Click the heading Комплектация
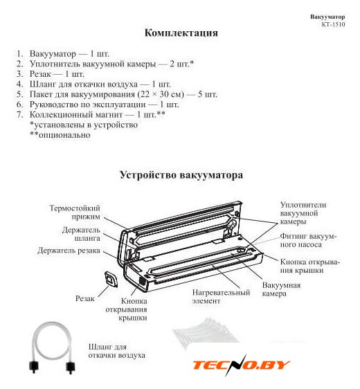pos(181,33)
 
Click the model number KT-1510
pos(333,24)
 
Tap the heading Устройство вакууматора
pos(181,175)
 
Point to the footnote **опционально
pos(60,135)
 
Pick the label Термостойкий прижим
pos(75,212)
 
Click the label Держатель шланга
pos(81,234)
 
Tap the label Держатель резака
pos(69,251)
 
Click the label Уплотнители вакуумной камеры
pos(303,213)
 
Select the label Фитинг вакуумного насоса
pos(308,240)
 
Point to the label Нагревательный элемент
pos(221,297)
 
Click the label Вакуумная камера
pos(281,289)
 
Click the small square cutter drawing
pos(111,279)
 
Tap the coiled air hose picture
pos(52,347)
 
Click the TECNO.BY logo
pos(241,365)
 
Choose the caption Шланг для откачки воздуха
pos(117,351)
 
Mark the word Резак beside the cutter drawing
pos(85,298)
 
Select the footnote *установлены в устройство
pos(84,125)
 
